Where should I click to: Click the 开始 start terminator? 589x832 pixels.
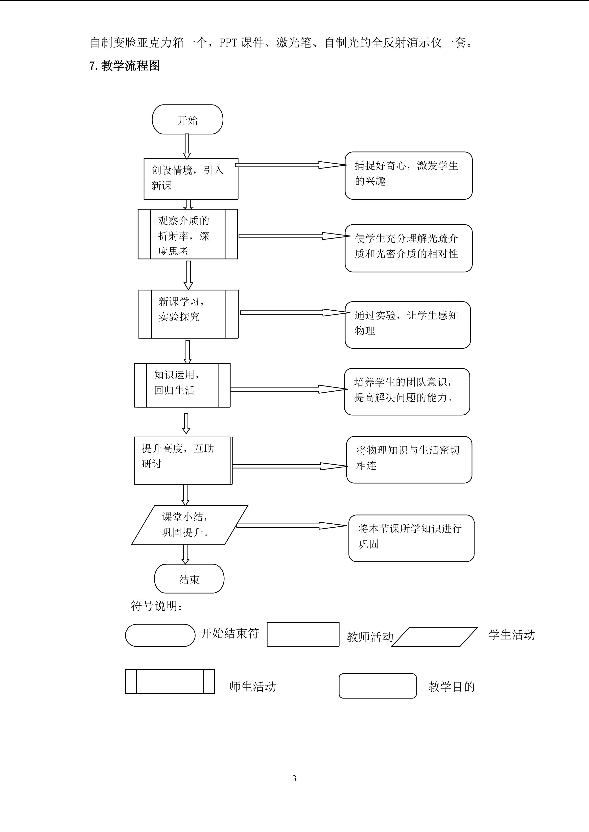[187, 120]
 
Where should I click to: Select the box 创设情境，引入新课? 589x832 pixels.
[191, 179]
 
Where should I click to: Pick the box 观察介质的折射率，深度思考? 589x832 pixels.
[188, 234]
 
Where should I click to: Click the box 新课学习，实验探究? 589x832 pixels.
[188, 314]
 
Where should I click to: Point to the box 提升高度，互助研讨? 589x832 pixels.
[183, 461]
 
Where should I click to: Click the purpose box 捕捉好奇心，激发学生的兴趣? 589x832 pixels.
[408, 175]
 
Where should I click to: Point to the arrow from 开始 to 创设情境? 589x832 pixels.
[187, 146]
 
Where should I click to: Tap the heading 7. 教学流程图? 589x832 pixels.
[124, 66]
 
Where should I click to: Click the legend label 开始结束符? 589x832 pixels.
[230, 633]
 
